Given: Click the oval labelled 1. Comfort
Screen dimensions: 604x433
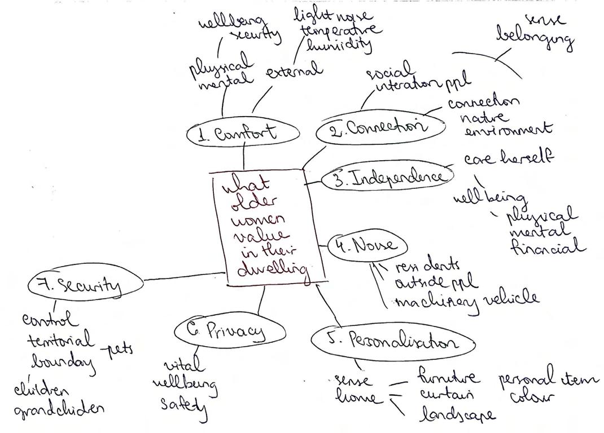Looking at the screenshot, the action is (243, 134).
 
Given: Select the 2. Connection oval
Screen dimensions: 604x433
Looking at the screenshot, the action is (380, 129).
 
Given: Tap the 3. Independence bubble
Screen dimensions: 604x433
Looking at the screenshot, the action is (388, 179).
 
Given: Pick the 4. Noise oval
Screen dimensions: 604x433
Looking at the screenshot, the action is (367, 246).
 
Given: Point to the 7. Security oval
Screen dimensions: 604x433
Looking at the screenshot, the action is (85, 285).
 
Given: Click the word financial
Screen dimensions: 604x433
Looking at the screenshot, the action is (548, 247).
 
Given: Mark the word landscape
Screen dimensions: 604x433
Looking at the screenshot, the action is (457, 414).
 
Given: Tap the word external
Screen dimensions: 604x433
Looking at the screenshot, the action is (294, 72).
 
